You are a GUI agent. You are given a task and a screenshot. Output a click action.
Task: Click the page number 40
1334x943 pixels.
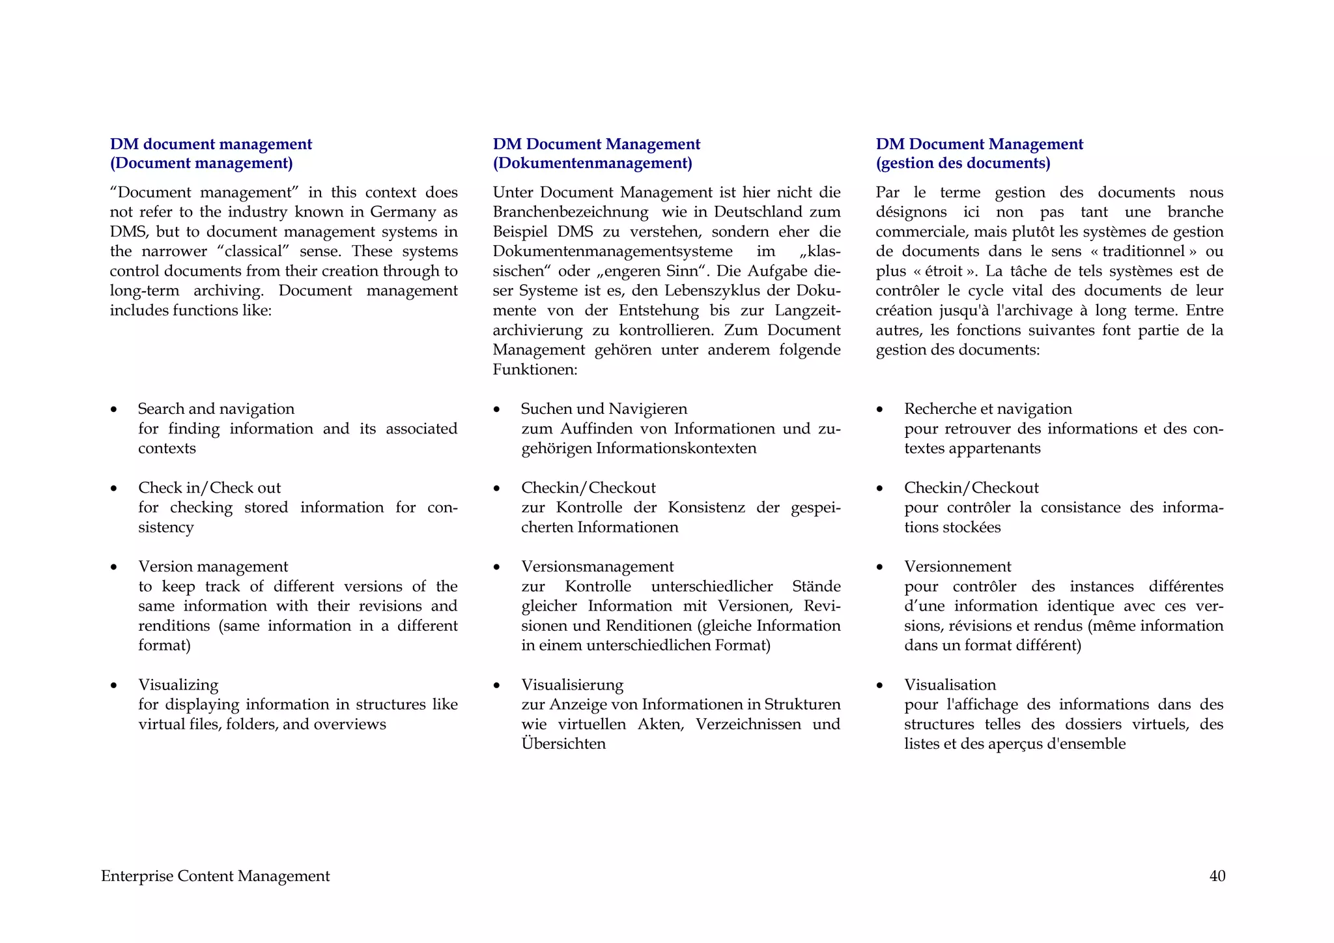pos(1217,876)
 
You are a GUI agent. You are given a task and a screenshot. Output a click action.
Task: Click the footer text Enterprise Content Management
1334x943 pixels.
pos(215,876)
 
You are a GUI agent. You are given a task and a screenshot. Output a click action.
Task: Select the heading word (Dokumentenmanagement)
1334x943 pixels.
pos(592,163)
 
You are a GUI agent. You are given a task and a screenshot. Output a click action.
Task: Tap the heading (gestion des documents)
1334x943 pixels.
pos(963,163)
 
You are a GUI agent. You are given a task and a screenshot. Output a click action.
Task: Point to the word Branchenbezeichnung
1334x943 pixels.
pos(570,212)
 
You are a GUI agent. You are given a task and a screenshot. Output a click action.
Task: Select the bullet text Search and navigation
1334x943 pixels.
pos(216,409)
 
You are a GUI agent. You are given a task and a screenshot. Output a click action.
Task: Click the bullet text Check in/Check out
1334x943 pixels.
pos(209,487)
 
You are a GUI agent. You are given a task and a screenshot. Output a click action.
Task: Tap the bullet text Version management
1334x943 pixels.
pos(212,566)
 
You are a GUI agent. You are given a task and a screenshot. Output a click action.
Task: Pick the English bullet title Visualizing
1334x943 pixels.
pos(178,684)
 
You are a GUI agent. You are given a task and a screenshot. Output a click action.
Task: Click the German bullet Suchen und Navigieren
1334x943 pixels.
pos(604,409)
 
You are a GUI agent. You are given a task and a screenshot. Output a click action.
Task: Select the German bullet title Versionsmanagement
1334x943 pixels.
pos(597,566)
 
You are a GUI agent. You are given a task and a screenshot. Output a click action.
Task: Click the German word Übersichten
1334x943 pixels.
pos(563,744)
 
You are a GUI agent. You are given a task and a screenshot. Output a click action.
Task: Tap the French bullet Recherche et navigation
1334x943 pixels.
pos(987,409)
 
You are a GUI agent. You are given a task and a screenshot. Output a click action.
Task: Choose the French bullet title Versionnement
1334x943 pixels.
pos(958,566)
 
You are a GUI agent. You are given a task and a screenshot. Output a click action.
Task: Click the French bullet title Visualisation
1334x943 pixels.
pos(950,684)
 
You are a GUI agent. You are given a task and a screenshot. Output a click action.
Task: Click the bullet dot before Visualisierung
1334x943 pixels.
pos(497,686)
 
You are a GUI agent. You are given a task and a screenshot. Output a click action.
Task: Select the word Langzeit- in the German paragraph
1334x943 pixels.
pos(808,310)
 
